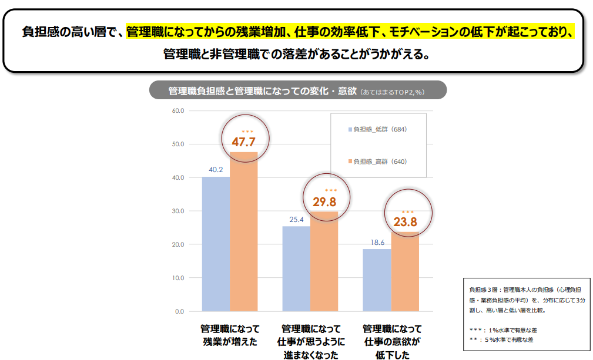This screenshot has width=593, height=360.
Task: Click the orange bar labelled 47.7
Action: [243, 231]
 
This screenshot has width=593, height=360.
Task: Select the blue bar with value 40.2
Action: [216, 244]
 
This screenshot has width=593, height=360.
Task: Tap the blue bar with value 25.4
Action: [296, 268]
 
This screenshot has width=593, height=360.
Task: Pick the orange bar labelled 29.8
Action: [324, 261]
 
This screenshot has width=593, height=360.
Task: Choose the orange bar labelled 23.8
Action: [405, 271]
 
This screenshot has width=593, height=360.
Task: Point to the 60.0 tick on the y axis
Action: [178, 110]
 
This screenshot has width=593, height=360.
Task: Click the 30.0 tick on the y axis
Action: [178, 211]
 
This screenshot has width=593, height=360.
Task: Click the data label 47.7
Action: [243, 142]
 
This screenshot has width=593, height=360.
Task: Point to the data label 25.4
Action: [296, 220]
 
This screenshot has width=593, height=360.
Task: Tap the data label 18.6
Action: [377, 242]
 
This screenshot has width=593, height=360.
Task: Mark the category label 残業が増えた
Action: [230, 342]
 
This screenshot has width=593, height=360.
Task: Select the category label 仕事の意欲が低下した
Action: [391, 342]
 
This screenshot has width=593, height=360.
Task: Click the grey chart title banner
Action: [298, 91]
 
